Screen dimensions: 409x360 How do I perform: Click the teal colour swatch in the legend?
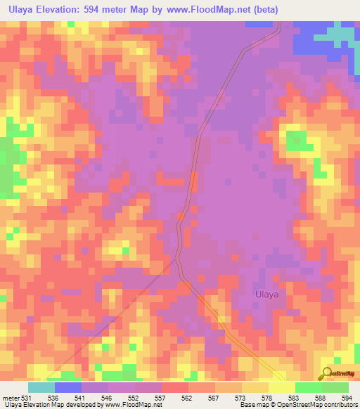[x=41, y=388]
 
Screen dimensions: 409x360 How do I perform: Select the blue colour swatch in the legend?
[x=68, y=388]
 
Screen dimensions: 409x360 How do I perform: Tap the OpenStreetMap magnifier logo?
[x=328, y=373]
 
